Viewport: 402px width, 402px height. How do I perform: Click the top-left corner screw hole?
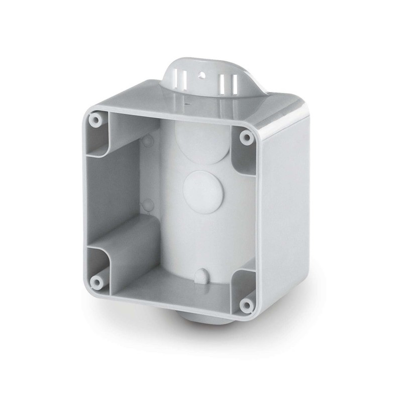pos(94,120)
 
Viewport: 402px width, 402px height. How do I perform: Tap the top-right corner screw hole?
pos(245,137)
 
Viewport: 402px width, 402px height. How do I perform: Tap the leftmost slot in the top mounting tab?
pos(177,78)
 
